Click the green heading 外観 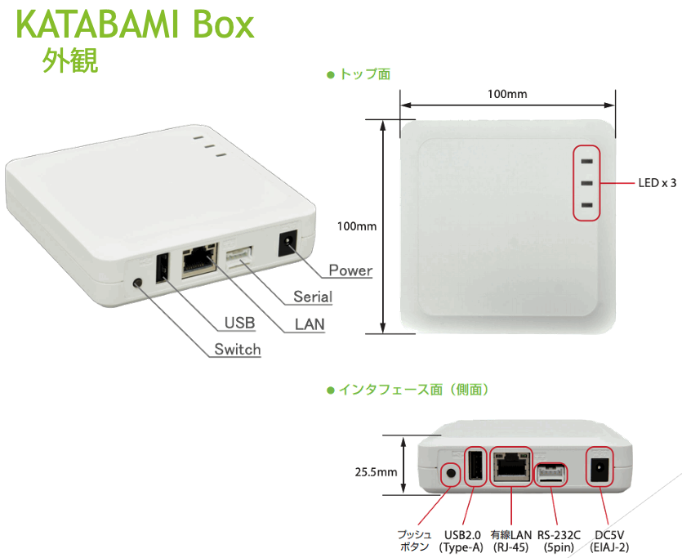[x=70, y=61]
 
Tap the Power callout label [x=350, y=270]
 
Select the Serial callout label [x=313, y=297]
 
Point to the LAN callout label [x=310, y=324]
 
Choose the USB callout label [x=239, y=323]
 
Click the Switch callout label [x=237, y=350]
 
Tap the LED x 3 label [x=657, y=183]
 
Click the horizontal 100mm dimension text [x=507, y=94]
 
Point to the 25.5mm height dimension [x=376, y=472]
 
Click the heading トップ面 [x=364, y=74]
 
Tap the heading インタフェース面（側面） [x=413, y=390]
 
